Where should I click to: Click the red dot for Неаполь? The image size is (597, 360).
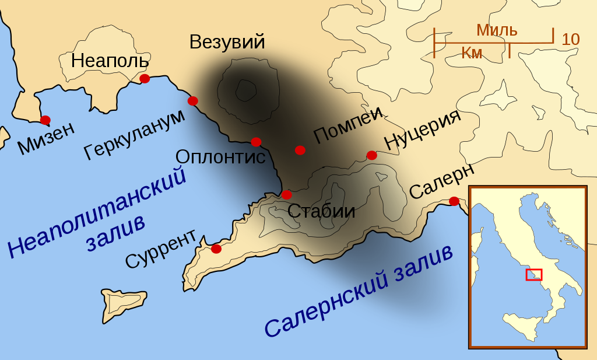pos(145,79)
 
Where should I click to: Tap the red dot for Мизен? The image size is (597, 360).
pos(45,120)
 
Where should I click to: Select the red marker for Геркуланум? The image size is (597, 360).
pos(193,101)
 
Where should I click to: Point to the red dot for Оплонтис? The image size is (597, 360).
pos(256,142)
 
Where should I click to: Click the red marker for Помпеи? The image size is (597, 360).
pos(300,150)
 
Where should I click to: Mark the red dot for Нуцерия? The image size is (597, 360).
pos(371,155)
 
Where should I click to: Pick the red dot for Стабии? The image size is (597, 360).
pos(286,194)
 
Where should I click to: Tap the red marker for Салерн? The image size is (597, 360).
pos(454,201)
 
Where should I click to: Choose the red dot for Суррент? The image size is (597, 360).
pos(216,249)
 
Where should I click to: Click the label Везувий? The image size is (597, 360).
pos(227,42)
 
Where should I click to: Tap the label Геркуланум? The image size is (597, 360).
pos(135,134)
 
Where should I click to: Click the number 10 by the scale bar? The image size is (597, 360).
pos(571,40)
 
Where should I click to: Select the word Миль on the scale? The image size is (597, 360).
pos(497,30)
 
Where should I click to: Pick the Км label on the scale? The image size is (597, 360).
pos(472,53)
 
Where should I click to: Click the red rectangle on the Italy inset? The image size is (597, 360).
pos(533,274)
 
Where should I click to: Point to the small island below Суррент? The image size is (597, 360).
pos(122,299)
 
